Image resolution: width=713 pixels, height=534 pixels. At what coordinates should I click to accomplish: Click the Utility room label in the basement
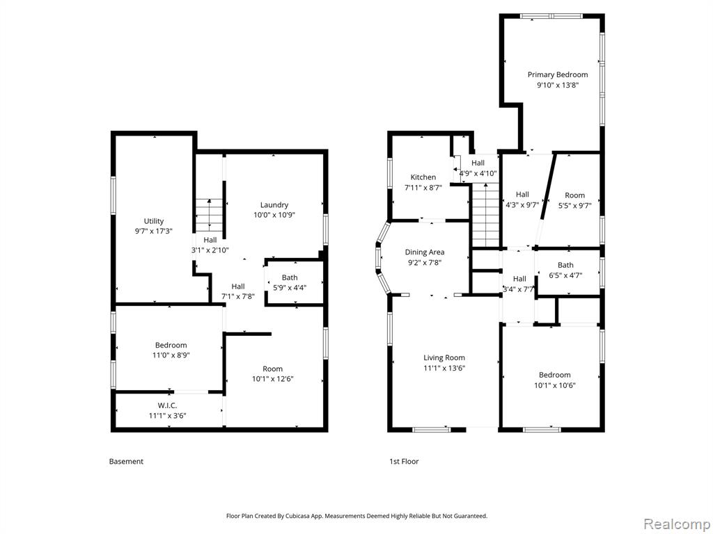(x=154, y=221)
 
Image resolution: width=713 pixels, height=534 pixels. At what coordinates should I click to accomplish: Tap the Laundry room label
(x=274, y=205)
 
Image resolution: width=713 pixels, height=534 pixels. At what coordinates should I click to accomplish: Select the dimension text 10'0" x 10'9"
(x=274, y=215)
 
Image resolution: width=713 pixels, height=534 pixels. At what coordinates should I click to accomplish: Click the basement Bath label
(x=290, y=277)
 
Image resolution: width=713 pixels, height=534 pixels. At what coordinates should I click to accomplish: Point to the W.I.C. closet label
(x=167, y=405)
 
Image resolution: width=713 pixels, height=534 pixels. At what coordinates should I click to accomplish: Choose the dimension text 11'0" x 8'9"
(x=171, y=355)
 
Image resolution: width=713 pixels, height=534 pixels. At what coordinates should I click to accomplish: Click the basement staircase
(x=209, y=215)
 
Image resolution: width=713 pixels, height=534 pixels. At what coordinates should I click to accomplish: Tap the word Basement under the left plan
(x=126, y=462)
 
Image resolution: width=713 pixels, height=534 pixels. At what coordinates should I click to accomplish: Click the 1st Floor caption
(x=404, y=462)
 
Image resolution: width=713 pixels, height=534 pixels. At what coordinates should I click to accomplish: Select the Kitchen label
(x=423, y=177)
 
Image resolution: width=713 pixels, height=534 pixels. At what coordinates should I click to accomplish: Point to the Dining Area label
(x=425, y=252)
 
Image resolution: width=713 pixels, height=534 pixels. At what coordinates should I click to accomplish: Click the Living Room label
(x=444, y=358)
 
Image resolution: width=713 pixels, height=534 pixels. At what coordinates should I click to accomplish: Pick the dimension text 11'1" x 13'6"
(x=444, y=369)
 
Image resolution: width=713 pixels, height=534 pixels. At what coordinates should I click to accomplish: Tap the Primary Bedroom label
(x=558, y=74)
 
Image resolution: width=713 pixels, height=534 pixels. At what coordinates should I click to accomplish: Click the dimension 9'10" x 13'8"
(x=558, y=85)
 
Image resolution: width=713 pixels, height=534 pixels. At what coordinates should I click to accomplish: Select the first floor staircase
(x=486, y=215)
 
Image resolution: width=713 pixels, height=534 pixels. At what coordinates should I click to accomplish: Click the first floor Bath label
(x=565, y=265)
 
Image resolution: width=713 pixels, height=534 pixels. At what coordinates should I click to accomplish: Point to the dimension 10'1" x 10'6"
(x=555, y=385)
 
